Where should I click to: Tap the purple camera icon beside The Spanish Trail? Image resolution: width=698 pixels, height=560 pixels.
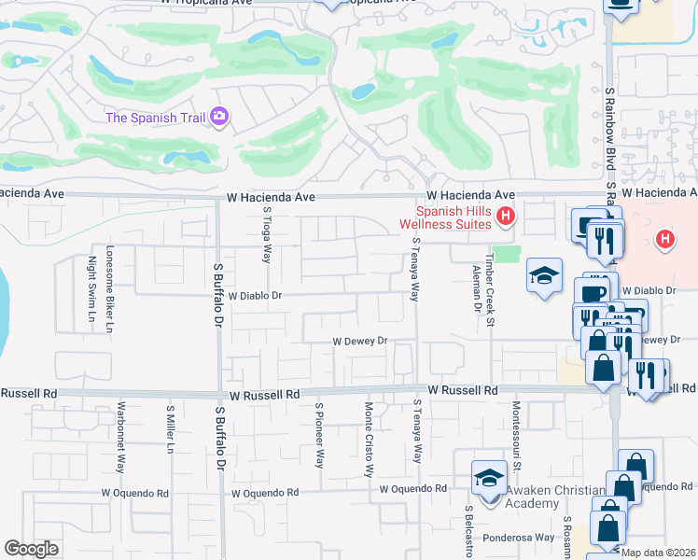pyautogui.click(x=220, y=117)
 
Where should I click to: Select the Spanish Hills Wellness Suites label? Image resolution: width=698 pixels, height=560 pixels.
pyautogui.click(x=444, y=217)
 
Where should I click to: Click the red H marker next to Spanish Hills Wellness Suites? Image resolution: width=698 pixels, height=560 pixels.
pyautogui.click(x=506, y=217)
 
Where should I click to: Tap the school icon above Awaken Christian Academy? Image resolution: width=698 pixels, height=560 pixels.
pyautogui.click(x=488, y=478)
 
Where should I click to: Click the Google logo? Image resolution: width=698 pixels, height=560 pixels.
pyautogui.click(x=31, y=549)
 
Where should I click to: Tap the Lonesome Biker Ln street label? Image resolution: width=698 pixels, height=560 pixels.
pyautogui.click(x=110, y=289)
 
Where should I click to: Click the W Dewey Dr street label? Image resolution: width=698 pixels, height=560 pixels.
pyautogui.click(x=360, y=342)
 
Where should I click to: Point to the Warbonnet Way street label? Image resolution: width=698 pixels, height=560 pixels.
pyautogui.click(x=121, y=437)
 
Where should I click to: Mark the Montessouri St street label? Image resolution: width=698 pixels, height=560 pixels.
pyautogui.click(x=514, y=430)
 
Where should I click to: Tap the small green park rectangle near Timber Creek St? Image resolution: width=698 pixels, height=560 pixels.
pyautogui.click(x=505, y=255)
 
